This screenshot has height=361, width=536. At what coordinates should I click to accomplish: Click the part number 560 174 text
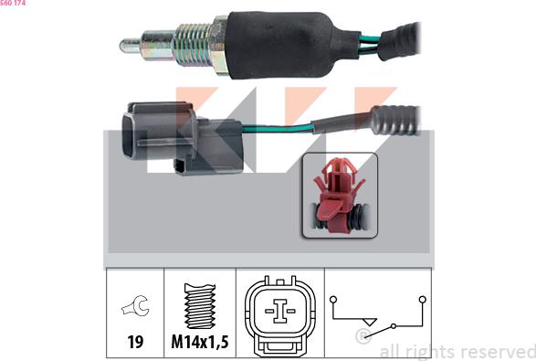point(13,3)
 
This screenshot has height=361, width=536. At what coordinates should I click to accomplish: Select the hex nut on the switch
point(219,44)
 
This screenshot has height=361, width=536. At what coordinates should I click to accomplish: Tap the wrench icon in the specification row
point(135,305)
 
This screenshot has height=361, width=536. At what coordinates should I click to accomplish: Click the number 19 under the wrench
point(135,342)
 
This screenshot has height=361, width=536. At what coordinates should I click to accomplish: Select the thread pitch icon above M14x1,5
point(200,306)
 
